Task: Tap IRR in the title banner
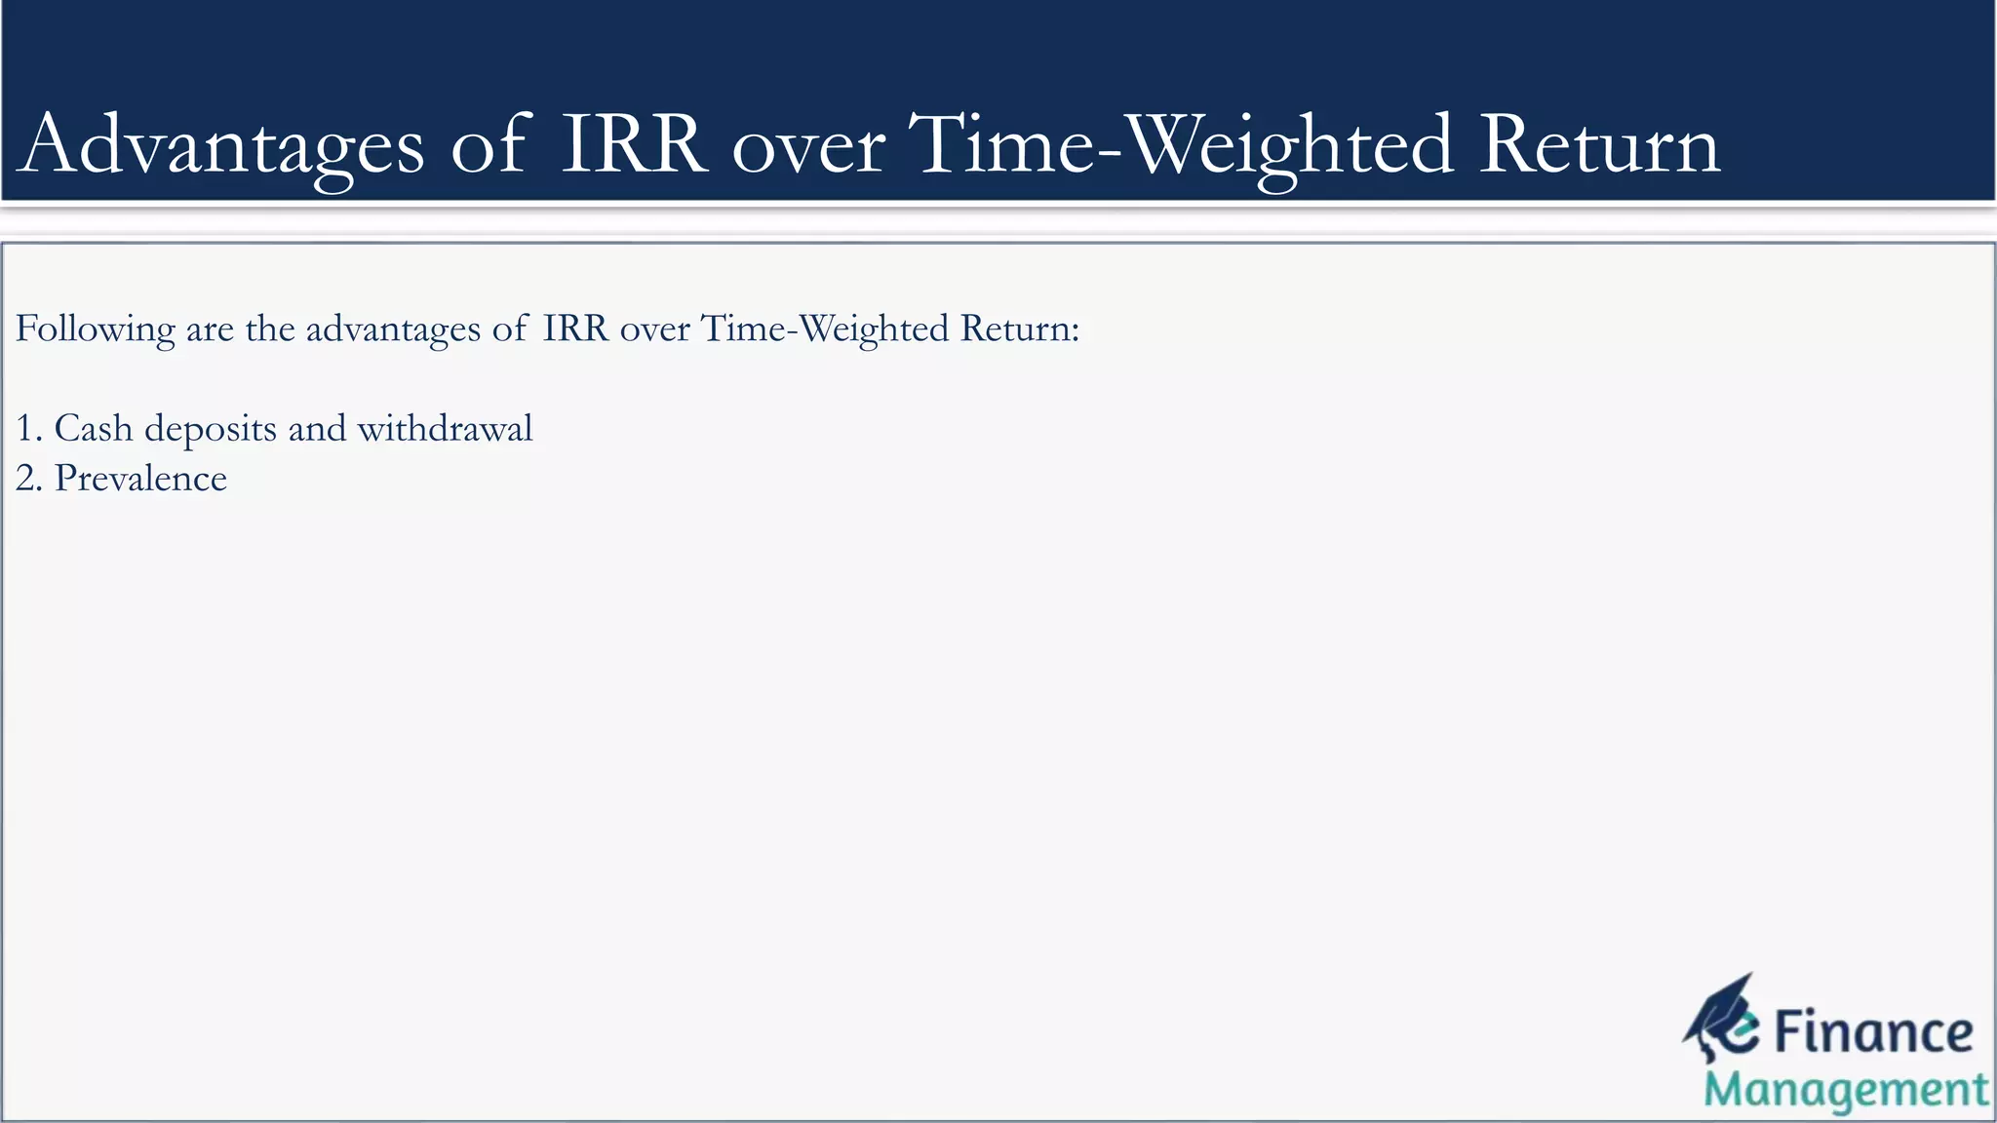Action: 634,145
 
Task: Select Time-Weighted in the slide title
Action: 1181,145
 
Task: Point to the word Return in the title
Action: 1599,145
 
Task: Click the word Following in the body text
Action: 95,329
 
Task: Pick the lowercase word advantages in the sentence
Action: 393,329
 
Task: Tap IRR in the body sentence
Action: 574,329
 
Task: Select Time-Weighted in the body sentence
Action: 824,329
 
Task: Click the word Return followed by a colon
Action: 1019,329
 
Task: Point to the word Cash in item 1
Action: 93,428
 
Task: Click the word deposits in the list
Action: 211,430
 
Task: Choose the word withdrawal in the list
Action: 445,428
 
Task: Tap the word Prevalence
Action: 140,478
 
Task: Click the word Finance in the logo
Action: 1872,1032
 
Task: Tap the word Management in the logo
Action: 1846,1091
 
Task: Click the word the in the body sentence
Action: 270,329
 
